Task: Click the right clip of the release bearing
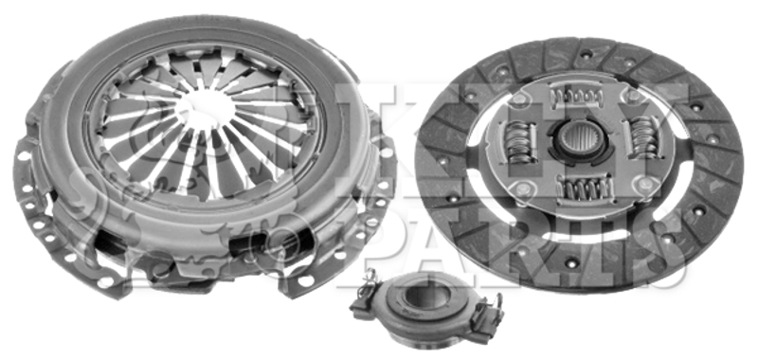click(487, 315)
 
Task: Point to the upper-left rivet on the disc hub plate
click(518, 100)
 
